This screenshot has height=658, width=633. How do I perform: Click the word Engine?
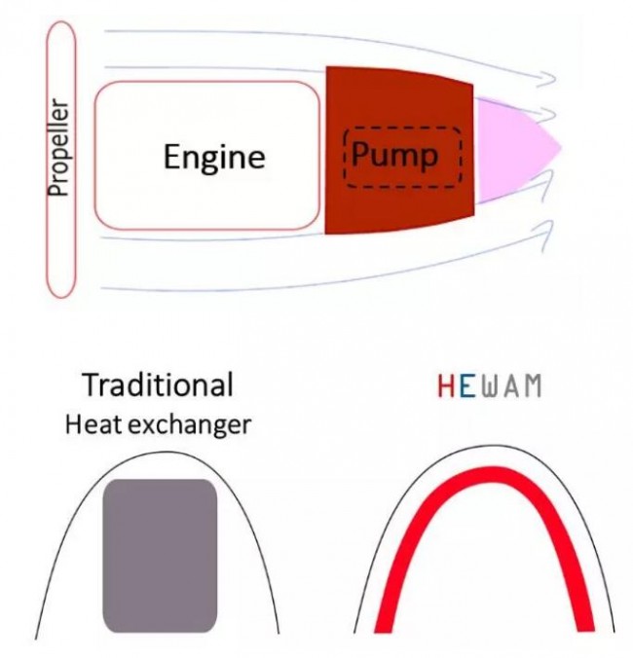[214, 159]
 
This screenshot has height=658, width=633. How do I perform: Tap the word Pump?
[395, 156]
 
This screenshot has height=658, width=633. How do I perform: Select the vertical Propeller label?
[57, 147]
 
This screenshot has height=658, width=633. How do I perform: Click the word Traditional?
[158, 384]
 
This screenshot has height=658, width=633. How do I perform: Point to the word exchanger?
[189, 424]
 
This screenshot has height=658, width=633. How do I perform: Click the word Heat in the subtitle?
[93, 424]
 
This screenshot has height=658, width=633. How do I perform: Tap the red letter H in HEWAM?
[445, 386]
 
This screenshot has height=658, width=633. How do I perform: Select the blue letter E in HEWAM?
[467, 386]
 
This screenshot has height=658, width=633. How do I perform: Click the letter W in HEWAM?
[490, 386]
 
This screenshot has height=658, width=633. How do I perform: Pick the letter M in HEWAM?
[533, 386]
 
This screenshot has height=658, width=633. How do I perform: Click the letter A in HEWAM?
[511, 386]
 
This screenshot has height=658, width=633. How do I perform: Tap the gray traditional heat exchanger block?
[160, 555]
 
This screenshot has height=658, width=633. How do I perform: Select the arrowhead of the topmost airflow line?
[546, 79]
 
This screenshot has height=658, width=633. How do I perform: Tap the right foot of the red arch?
[585, 625]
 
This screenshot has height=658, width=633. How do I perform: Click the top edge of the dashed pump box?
[402, 128]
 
